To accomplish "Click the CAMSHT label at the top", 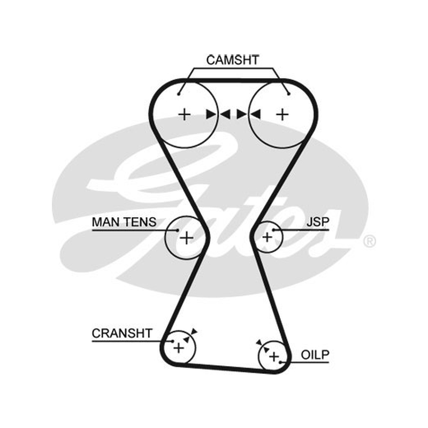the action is [232, 60].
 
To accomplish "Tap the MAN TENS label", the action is [124, 222].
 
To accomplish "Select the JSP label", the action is [318, 222].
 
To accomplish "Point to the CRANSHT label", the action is [122, 333].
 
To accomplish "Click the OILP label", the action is [315, 355].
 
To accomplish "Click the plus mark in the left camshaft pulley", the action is [184, 114].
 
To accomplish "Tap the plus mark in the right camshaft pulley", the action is [282, 114].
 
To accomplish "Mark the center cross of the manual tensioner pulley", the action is [187, 238].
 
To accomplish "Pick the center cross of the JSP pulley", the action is [267, 237].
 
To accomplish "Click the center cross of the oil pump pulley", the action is [274, 357].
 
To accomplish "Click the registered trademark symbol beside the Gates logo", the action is [370, 241].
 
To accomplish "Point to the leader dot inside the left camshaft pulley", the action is [179, 94].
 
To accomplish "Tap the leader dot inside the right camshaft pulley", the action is [289, 94].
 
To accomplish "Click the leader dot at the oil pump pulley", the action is [280, 362].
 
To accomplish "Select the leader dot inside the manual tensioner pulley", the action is [178, 230].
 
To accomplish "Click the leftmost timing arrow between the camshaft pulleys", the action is [211, 114].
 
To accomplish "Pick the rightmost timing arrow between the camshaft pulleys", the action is [256, 114].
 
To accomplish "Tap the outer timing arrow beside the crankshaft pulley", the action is [194, 332].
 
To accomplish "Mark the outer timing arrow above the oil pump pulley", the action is [259, 342].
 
